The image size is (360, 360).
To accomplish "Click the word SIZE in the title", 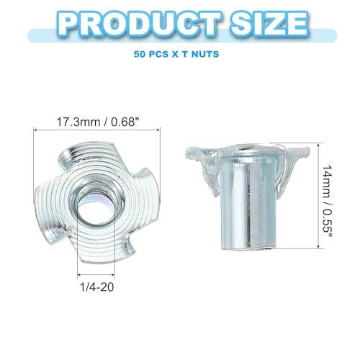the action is pos(269,24).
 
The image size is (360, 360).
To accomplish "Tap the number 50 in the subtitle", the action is pos(139,54).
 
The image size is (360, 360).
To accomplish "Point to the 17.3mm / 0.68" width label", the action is pos(98,122).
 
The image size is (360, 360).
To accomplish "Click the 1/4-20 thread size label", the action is pos(96,287).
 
